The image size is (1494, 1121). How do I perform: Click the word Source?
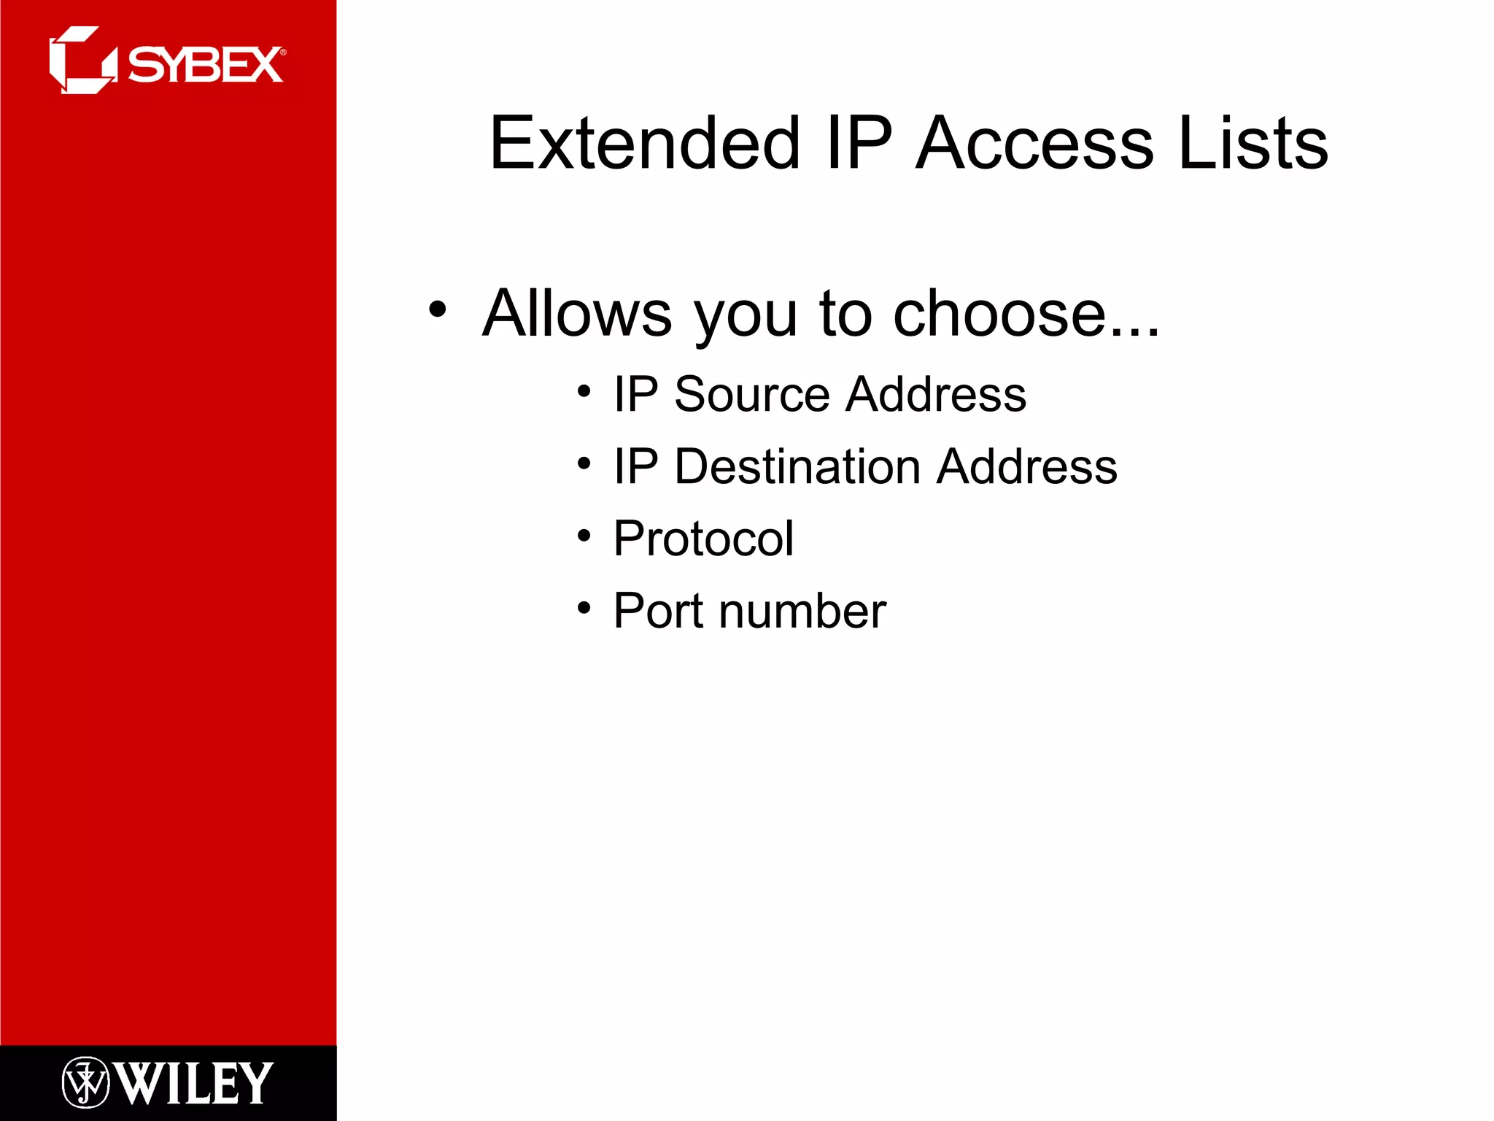coord(752,394)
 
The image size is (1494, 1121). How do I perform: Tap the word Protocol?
coord(703,539)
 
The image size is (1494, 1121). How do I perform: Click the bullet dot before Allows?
coord(437,309)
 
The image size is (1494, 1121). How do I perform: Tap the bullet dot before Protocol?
coord(584,536)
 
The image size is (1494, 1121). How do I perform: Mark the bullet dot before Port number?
coord(584,607)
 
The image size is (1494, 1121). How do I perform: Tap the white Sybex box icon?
coord(82,61)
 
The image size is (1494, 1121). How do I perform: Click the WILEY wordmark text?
coord(193,1083)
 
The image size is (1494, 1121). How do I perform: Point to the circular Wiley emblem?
coord(85,1082)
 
